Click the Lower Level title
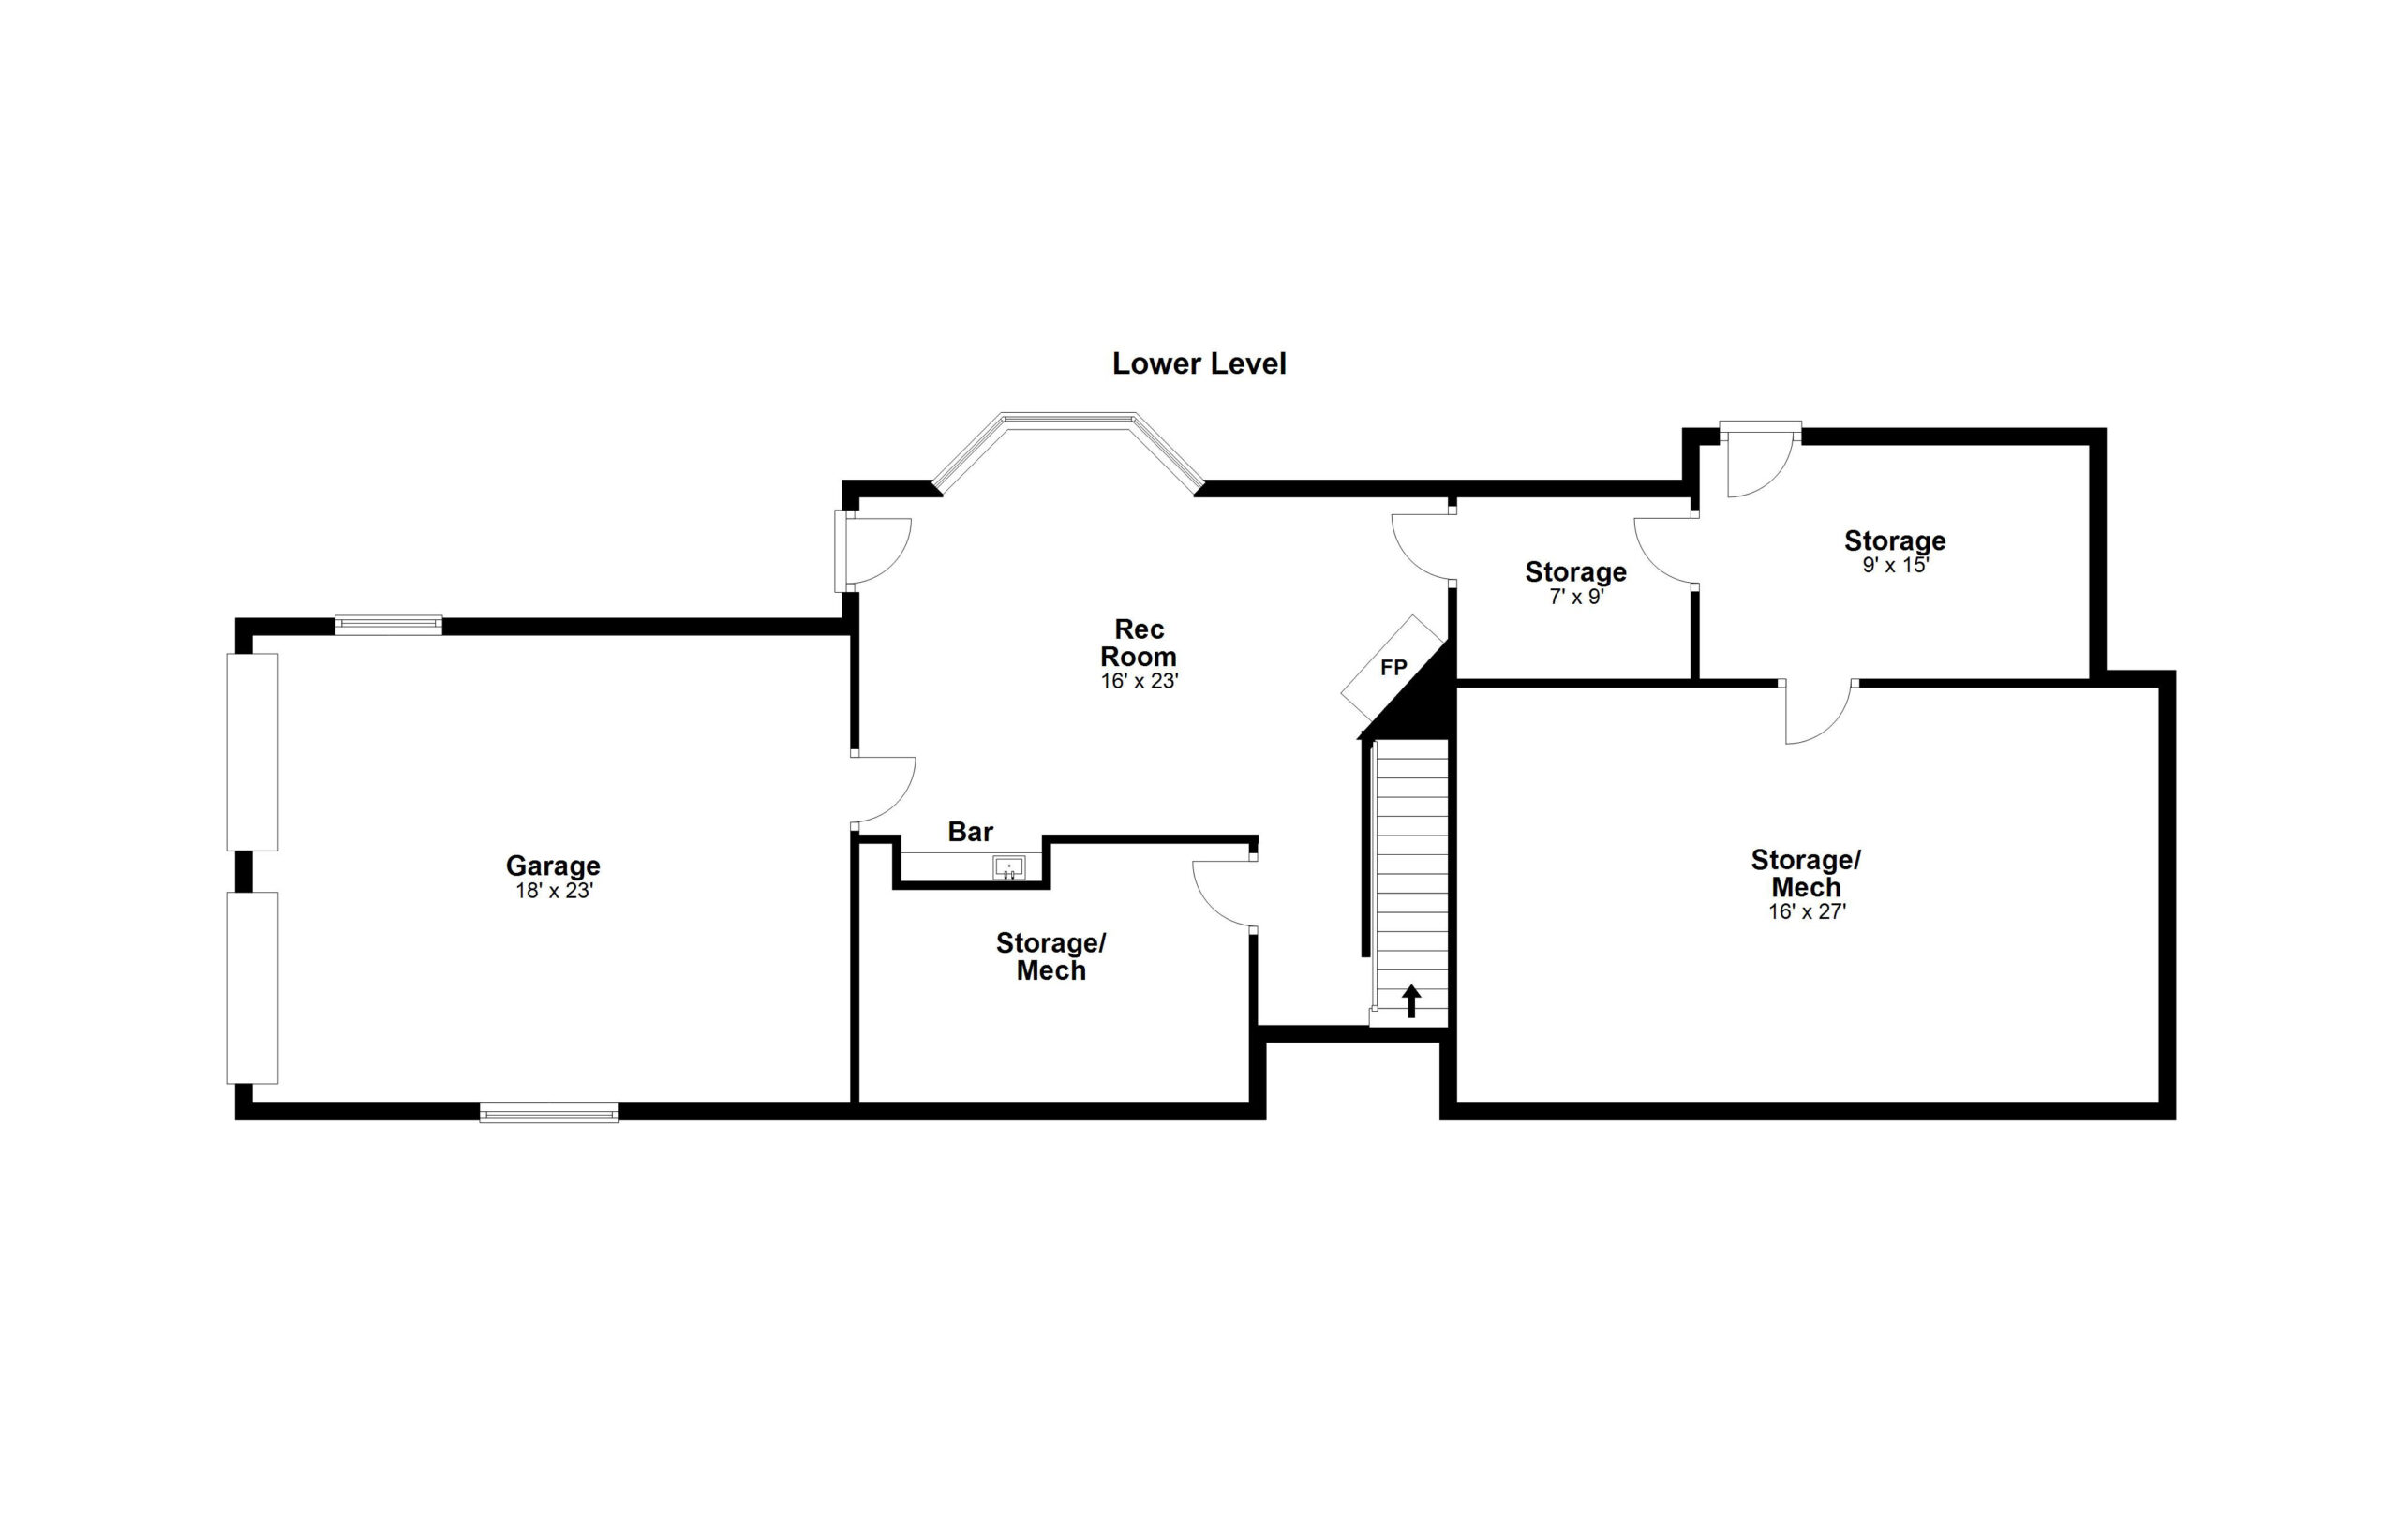(1199, 363)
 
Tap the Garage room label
(553, 866)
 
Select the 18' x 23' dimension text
(554, 891)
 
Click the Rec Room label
(1139, 643)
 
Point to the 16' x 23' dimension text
(1140, 682)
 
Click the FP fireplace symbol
(1393, 668)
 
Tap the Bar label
(970, 832)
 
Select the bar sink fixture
(1008, 867)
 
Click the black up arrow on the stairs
(1411, 1000)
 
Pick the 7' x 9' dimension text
(1576, 598)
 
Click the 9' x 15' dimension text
(1895, 565)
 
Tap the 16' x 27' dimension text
(1806, 911)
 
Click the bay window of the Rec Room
(1068, 451)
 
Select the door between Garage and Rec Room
(884, 790)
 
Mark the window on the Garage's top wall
(388, 625)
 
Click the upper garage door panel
(252, 751)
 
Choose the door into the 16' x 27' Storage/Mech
(1818, 712)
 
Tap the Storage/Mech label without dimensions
(1050, 956)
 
